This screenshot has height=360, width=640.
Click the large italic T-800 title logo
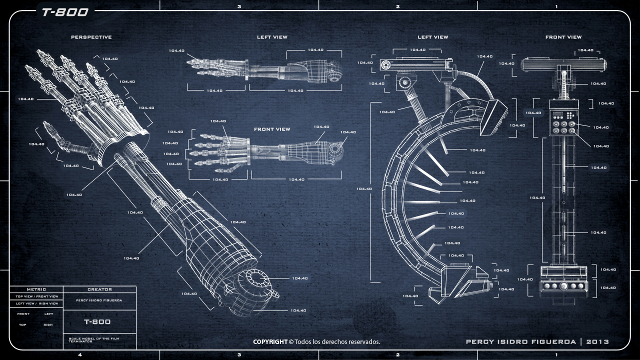[x=64, y=12]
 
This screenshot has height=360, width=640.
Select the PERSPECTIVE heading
[x=91, y=37]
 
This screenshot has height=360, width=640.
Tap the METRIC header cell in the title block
[x=36, y=289]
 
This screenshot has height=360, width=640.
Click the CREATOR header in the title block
[x=99, y=289]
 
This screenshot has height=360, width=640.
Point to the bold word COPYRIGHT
[x=270, y=342]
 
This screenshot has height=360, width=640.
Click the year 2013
[x=597, y=342]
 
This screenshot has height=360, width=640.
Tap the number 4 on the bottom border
[x=80, y=355]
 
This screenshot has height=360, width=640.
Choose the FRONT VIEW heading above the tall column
[x=563, y=37]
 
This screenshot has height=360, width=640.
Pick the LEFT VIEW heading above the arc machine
[x=432, y=37]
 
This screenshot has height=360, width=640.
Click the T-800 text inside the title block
[x=97, y=321]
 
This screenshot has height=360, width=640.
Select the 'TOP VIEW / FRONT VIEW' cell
[x=36, y=296]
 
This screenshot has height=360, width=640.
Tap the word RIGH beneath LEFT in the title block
[x=48, y=325]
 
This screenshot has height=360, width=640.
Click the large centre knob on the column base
[x=564, y=286]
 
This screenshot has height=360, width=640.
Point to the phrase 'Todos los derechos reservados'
[x=337, y=342]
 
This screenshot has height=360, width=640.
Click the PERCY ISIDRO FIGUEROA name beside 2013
[x=520, y=342]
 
